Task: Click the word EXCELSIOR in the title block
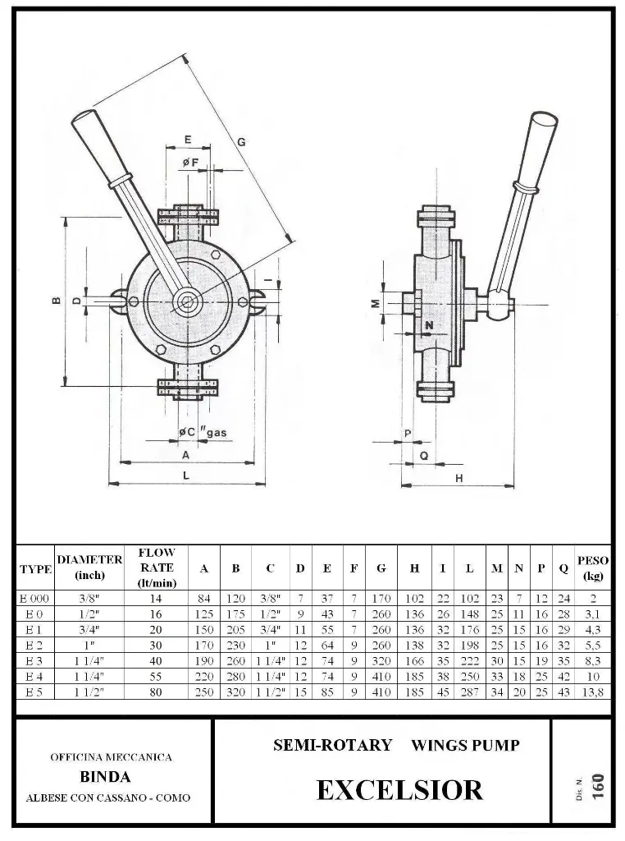(399, 790)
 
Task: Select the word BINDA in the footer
(105, 777)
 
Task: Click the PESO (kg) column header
(593, 568)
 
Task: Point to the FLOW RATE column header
(156, 568)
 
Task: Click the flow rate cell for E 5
(156, 692)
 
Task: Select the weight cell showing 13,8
(593, 692)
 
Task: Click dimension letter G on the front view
(241, 141)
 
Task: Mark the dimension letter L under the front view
(186, 476)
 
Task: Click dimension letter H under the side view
(458, 477)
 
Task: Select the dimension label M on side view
(372, 304)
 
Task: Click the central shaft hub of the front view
(186, 302)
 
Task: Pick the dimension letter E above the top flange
(188, 138)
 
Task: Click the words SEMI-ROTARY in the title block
(332, 746)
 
